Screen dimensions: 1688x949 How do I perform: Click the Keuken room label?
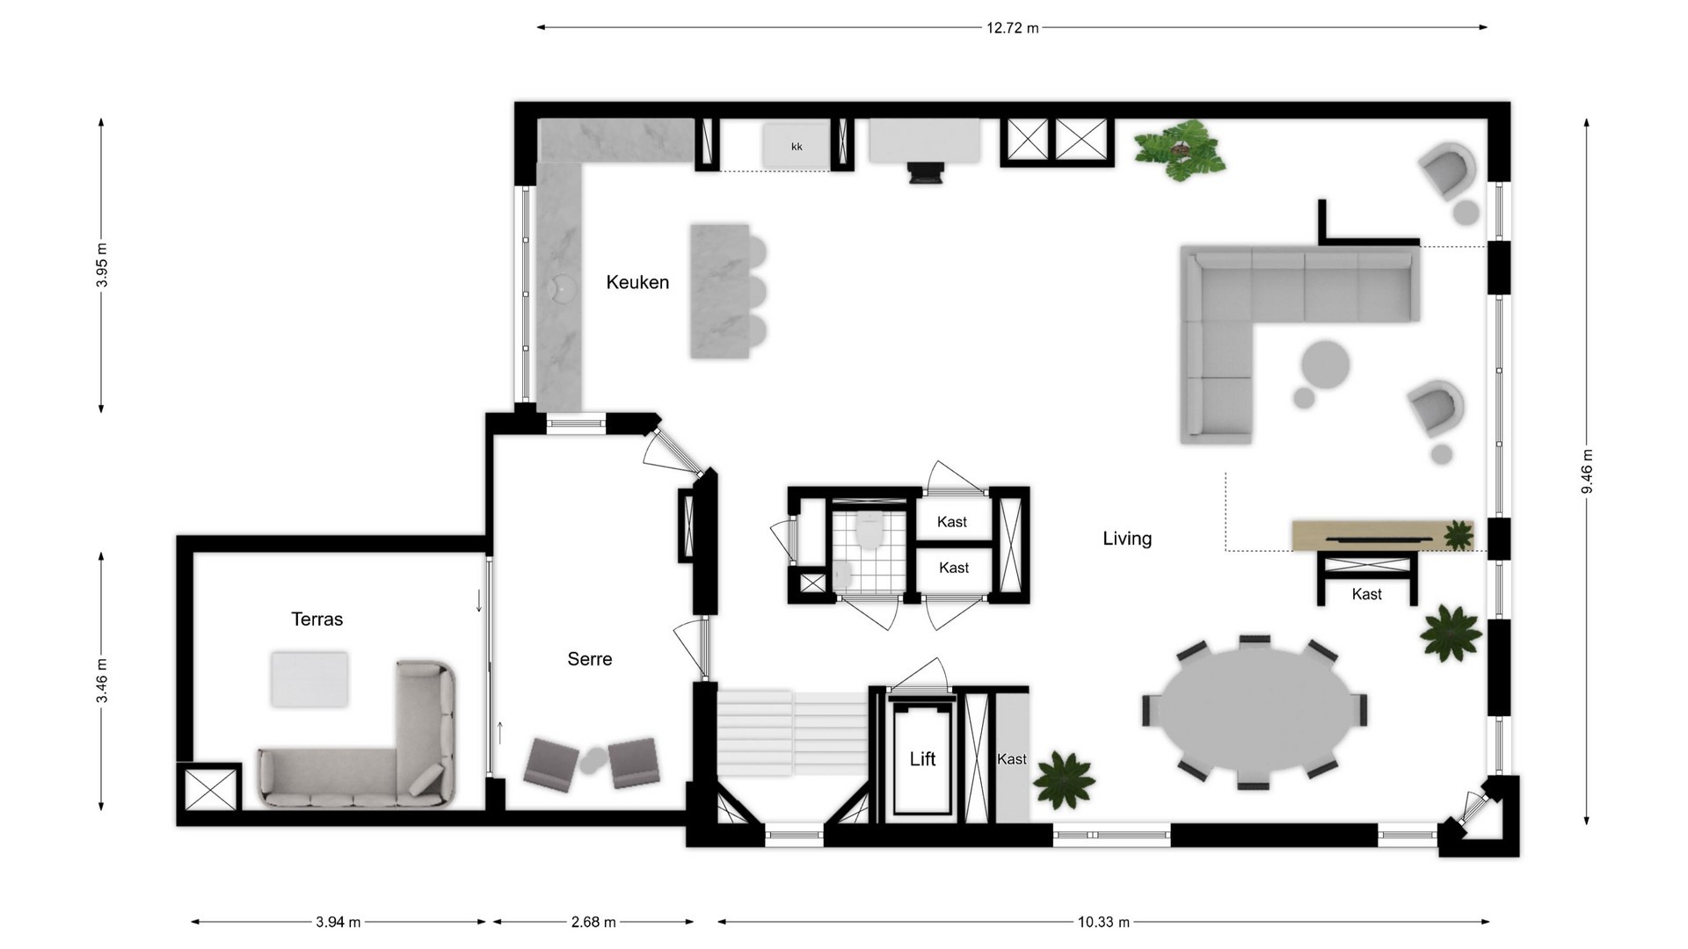(x=637, y=282)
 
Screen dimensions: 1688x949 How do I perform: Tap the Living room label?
(x=1127, y=539)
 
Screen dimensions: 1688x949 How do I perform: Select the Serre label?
(x=589, y=659)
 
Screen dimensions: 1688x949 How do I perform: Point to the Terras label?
(x=316, y=619)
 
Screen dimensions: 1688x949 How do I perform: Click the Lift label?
(x=922, y=759)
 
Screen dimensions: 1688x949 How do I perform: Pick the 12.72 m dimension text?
(x=1012, y=28)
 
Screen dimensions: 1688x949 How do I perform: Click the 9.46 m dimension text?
(x=1588, y=471)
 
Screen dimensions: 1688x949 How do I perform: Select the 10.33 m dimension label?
(x=1103, y=922)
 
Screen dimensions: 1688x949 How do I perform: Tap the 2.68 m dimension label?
(x=593, y=922)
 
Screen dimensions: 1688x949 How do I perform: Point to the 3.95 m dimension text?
(x=102, y=264)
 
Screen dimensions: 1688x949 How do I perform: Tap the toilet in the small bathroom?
(x=869, y=530)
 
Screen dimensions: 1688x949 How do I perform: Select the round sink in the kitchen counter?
(x=560, y=286)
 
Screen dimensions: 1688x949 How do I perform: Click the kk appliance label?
(x=797, y=147)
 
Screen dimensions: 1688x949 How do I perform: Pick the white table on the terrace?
(x=309, y=678)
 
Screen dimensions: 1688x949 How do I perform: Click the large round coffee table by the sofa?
(x=1325, y=365)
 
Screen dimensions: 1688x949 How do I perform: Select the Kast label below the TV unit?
(x=1366, y=594)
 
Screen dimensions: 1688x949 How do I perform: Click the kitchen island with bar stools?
(x=720, y=291)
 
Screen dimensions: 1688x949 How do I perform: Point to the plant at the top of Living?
(x=1179, y=150)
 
